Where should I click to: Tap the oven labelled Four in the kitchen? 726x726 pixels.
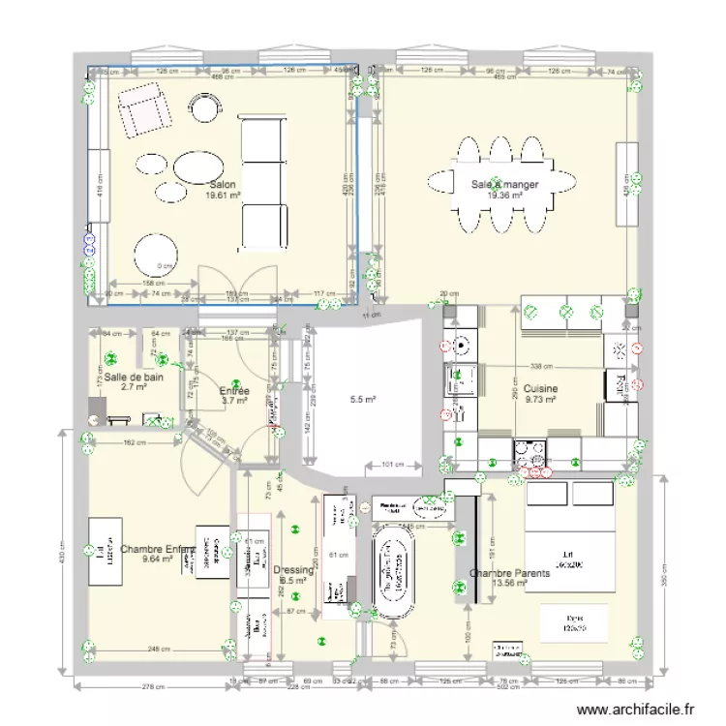pos(616,385)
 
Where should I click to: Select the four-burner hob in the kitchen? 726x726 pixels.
pos(531,453)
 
